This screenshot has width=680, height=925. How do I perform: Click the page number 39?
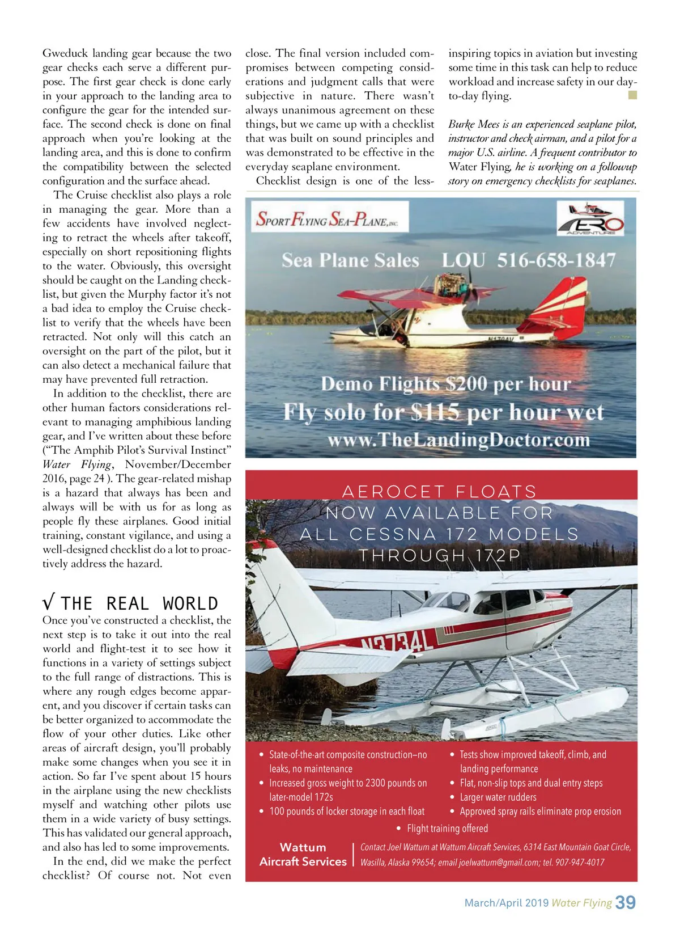point(625,902)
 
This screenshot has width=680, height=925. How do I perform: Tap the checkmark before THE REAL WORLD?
point(49,603)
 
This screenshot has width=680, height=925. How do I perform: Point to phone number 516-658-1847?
point(556,260)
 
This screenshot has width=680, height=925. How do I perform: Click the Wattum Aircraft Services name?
point(303,854)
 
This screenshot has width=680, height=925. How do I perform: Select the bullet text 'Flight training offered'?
point(447,829)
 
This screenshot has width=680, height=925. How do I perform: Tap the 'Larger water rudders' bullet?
point(498,797)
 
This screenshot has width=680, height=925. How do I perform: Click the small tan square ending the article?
point(633,95)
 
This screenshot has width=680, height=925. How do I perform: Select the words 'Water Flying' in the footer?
point(581,903)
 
